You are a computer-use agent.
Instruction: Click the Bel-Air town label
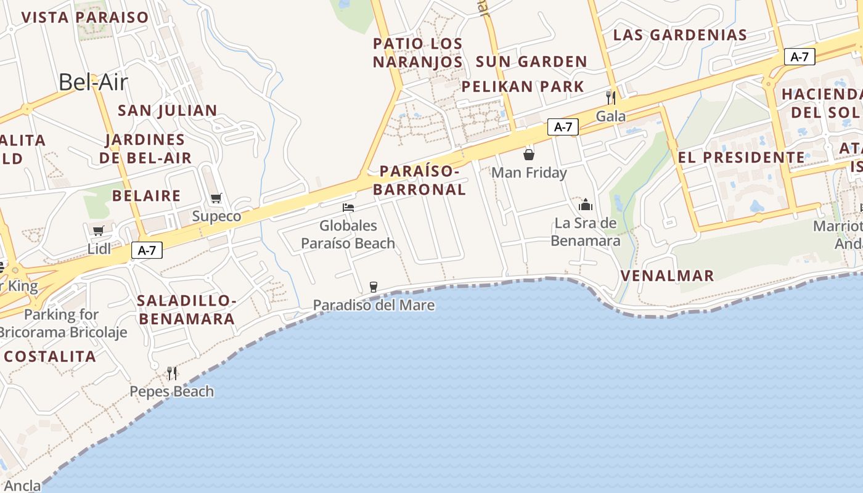tap(92, 82)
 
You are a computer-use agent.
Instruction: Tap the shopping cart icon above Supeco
tap(216, 198)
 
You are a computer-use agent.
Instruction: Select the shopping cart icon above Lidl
tap(98, 231)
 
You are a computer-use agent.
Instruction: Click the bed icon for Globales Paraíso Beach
tap(348, 208)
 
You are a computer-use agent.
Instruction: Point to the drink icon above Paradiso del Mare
tap(373, 287)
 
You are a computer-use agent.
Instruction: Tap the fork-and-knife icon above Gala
tap(610, 97)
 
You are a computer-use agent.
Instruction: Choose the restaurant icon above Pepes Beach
tap(172, 373)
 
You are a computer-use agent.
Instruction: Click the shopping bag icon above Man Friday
tap(528, 155)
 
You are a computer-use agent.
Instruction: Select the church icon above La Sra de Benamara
tap(585, 205)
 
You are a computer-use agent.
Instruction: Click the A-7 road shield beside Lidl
tap(147, 250)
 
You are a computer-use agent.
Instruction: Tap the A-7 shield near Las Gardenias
tap(800, 57)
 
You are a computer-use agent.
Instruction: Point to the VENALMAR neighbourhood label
tap(667, 275)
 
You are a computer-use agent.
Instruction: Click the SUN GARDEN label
tap(531, 62)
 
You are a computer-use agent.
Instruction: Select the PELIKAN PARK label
tap(523, 86)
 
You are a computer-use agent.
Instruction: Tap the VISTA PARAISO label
tap(85, 17)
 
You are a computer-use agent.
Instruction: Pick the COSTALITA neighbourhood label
tap(50, 356)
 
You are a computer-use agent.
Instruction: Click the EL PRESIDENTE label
tap(741, 157)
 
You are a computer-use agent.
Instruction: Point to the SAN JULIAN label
tap(167, 110)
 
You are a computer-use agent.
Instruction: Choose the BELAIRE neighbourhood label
tap(146, 196)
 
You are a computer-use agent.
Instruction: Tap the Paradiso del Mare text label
tap(374, 305)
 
